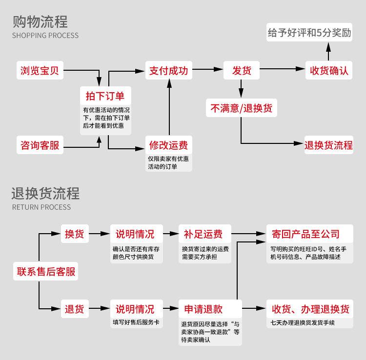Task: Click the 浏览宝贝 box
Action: (x=40, y=70)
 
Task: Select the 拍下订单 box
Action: (x=105, y=95)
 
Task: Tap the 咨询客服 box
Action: (x=40, y=145)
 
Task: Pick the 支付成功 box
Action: (x=168, y=70)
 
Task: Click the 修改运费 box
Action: (x=168, y=145)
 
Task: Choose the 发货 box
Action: (x=242, y=70)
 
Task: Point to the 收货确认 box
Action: (x=329, y=70)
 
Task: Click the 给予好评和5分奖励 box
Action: (x=316, y=33)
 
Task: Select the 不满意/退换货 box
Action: (x=242, y=108)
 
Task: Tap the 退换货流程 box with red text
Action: (x=328, y=145)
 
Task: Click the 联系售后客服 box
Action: (x=46, y=271)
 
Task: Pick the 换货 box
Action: (x=74, y=234)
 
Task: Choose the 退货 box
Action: (x=74, y=309)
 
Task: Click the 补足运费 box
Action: (x=203, y=234)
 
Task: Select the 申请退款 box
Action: (x=203, y=309)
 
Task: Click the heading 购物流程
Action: (x=40, y=22)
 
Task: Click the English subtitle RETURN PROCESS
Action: (x=41, y=207)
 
